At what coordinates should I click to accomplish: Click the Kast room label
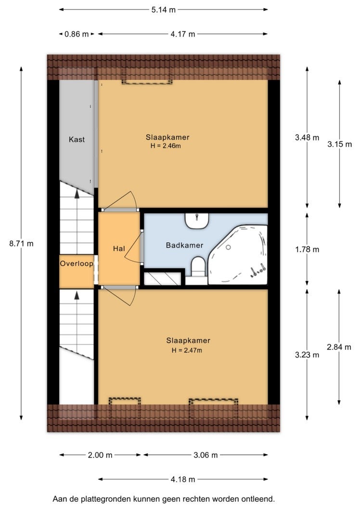tap(77, 140)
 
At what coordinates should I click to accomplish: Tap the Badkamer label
tap(184, 245)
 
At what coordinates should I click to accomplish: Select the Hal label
tap(119, 248)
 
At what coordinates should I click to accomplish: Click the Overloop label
tap(77, 264)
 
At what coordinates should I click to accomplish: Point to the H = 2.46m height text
tap(166, 146)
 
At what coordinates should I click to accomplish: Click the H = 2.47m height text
tap(187, 350)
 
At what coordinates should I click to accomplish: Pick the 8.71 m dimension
tap(21, 243)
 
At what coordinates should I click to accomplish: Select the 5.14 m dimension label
tap(163, 10)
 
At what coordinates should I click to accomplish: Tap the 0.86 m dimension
tap(77, 34)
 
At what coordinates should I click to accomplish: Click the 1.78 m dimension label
tap(307, 250)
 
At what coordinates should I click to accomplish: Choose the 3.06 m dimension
tap(206, 455)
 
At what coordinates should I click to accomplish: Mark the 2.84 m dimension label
tap(339, 347)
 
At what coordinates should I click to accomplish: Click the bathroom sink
tap(197, 220)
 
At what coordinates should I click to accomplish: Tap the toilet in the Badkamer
tap(198, 267)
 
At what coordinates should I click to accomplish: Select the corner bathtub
tap(238, 255)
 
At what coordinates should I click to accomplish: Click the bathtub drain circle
tap(228, 247)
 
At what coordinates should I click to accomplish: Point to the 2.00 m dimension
tap(100, 455)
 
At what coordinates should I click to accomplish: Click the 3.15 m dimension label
tap(339, 144)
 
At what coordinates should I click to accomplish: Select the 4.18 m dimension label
tap(183, 479)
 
